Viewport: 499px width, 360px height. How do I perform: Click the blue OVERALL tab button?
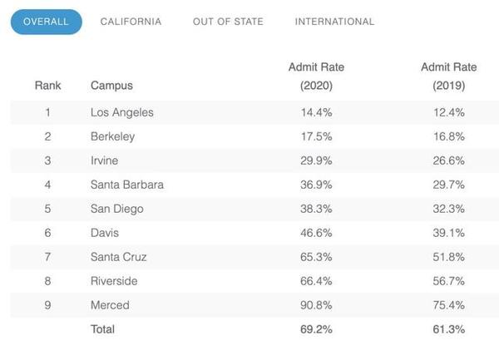pos(46,22)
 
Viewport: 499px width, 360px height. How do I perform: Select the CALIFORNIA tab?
pos(131,22)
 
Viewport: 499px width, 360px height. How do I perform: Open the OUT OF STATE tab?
pos(228,22)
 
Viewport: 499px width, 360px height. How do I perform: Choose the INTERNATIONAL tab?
pos(334,22)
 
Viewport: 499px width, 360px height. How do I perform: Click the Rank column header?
pos(47,85)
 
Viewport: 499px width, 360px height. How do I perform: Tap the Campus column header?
pos(111,85)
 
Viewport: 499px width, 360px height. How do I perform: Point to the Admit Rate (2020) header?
pos(316,76)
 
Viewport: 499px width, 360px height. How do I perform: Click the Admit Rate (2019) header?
pos(448,76)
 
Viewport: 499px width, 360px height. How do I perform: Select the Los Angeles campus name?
pos(121,112)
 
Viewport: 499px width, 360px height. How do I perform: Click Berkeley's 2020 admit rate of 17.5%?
pos(316,136)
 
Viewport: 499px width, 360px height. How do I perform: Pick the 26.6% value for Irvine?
pos(448,160)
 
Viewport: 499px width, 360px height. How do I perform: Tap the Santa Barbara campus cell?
pos(126,185)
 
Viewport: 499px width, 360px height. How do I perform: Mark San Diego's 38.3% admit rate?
pos(316,209)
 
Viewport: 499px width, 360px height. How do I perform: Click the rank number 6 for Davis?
pos(47,233)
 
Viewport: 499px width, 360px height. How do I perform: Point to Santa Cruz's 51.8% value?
pos(448,257)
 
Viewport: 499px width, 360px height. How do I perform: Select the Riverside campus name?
pos(114,281)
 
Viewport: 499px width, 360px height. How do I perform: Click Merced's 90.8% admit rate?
pos(316,305)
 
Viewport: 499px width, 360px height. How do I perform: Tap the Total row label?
pos(102,329)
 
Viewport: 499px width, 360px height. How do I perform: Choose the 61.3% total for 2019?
pos(448,329)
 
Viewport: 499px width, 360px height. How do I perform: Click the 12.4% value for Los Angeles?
pos(448,112)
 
